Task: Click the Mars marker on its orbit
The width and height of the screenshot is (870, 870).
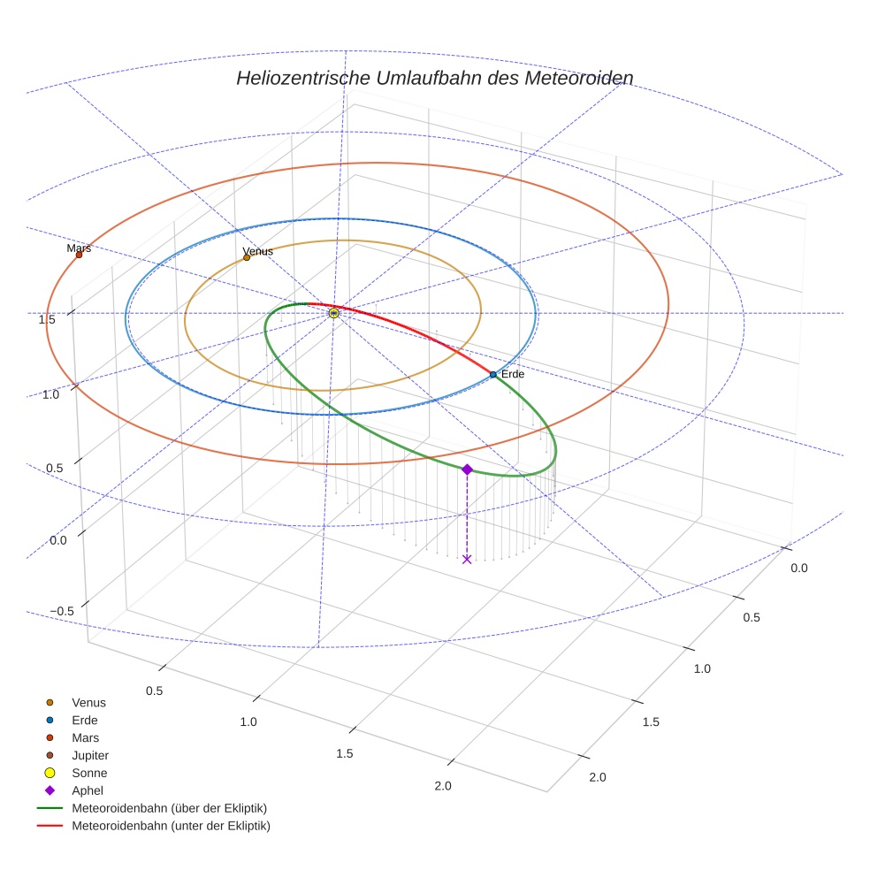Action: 79,255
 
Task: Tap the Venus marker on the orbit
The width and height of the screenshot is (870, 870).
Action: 247,257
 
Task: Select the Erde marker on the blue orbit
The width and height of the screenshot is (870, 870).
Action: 493,375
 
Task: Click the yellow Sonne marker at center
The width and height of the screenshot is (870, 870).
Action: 333,313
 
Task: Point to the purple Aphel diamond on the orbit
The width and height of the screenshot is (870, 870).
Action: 467,469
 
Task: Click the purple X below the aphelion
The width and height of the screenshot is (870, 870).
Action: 467,559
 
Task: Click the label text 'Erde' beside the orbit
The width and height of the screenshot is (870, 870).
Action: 513,375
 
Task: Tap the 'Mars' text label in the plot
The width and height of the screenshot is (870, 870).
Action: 79,248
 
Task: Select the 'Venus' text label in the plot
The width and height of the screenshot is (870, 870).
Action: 258,251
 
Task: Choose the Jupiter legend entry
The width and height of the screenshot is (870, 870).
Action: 90,755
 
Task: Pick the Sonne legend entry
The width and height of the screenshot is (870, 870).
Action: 89,773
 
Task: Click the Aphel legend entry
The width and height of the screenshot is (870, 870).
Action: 88,790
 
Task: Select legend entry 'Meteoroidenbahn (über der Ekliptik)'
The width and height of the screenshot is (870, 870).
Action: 169,808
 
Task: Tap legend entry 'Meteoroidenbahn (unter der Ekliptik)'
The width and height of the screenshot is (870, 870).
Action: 171,826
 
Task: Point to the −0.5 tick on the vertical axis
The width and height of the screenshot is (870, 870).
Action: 61,612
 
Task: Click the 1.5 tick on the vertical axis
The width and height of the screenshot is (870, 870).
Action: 47,319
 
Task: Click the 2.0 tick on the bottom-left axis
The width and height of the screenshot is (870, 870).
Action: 443,787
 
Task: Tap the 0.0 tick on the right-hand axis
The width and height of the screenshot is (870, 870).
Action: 798,568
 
